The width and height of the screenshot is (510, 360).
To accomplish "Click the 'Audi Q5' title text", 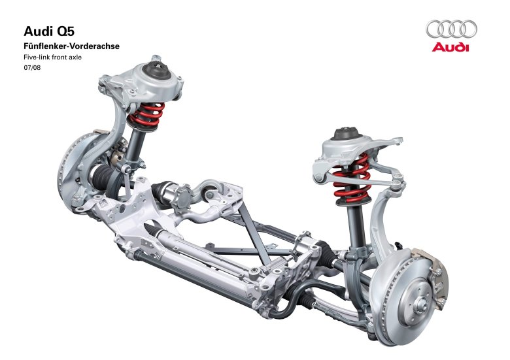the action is click(x=49, y=31).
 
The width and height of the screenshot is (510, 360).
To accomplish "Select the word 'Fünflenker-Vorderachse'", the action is click(x=71, y=46).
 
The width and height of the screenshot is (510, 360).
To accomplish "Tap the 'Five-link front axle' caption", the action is click(x=53, y=57).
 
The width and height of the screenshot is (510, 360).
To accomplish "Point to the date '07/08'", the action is click(x=32, y=68).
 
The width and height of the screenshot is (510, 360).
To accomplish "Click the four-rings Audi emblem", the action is click(x=451, y=29).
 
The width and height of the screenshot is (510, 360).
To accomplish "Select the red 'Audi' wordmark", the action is click(x=450, y=47).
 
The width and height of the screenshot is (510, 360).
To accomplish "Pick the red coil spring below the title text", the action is click(x=146, y=114).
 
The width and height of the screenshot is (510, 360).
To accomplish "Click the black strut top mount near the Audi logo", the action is click(x=347, y=133).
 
